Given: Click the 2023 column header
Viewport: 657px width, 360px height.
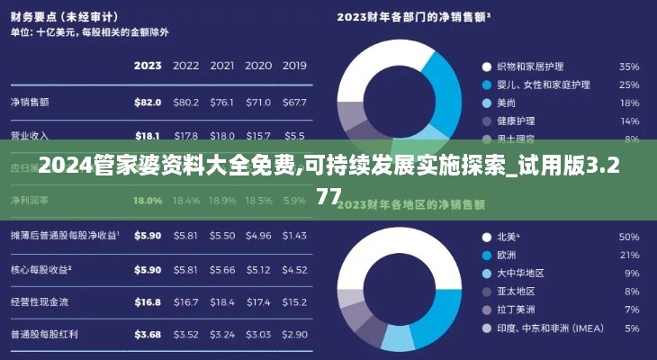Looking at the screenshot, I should pos(147,66).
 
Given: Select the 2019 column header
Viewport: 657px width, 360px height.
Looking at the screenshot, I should pos(293,66).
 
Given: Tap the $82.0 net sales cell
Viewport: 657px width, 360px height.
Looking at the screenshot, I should pos(147,103).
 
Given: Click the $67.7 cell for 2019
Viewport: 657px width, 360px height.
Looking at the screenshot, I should pos(293,103).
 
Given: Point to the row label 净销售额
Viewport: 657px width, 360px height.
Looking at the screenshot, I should pos(30,103).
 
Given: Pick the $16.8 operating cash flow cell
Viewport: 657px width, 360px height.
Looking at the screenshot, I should pos(147,302).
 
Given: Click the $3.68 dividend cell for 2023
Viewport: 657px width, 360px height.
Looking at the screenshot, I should pos(147,335).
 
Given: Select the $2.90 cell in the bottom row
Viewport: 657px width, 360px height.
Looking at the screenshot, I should pos(293,335).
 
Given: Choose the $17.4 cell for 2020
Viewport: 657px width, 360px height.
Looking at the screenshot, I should pos(257,302).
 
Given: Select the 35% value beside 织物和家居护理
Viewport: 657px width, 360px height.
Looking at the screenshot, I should pos(628,67).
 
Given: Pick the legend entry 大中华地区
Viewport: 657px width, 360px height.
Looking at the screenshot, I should pos(520,274).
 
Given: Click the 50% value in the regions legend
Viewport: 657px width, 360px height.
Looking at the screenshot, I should pos(628,238).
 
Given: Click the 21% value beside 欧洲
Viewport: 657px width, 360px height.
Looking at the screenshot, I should pos(628,256).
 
